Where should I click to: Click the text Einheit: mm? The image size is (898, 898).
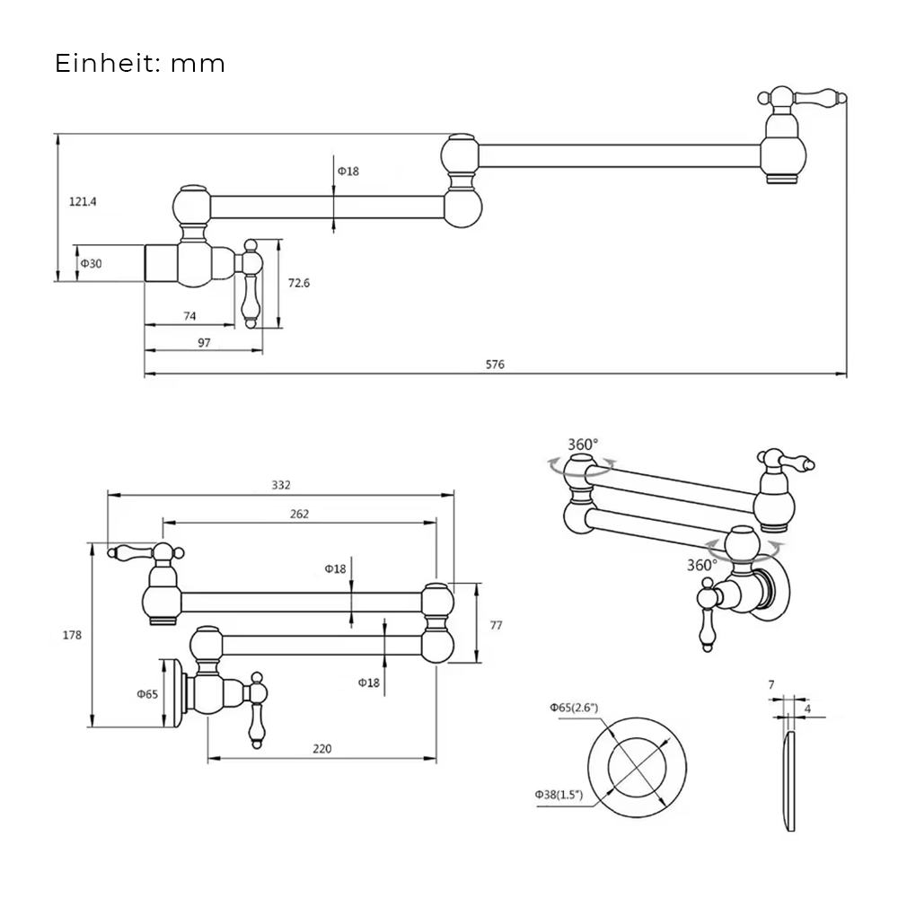tap(140, 65)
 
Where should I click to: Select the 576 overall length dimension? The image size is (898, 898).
tap(496, 365)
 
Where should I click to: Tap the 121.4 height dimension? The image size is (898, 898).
tap(83, 202)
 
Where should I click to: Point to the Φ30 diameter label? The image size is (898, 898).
tap(91, 264)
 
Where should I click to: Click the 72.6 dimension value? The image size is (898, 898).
tap(299, 283)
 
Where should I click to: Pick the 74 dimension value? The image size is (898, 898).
tap(189, 316)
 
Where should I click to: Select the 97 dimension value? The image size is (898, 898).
tap(204, 342)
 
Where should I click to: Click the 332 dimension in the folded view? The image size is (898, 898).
tap(281, 485)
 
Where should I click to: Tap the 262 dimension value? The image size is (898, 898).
tap(299, 514)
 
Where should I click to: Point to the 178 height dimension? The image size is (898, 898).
tap(73, 635)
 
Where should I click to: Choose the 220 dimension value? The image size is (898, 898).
tap(322, 749)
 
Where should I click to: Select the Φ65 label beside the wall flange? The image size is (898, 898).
tap(147, 694)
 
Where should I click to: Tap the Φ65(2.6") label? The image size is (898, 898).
tap(575, 708)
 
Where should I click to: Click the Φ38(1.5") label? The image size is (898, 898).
tap(559, 795)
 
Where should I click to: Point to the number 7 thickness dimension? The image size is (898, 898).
tap(771, 684)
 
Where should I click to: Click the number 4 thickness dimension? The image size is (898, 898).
tap(808, 709)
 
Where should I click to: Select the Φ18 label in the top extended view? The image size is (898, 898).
tap(348, 171)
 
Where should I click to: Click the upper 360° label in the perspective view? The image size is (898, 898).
tap(583, 445)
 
